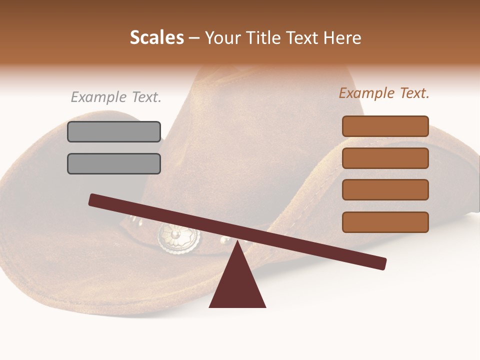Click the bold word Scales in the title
point(156,37)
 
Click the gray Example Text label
point(116,97)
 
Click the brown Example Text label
point(384,93)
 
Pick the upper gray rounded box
point(114,131)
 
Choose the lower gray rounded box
point(114,163)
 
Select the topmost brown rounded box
point(385,126)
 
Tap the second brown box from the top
point(385,158)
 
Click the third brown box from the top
point(385,190)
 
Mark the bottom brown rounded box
point(385,222)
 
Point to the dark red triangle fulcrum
point(237,285)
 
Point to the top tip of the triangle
point(237,242)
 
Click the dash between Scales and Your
point(194,38)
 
